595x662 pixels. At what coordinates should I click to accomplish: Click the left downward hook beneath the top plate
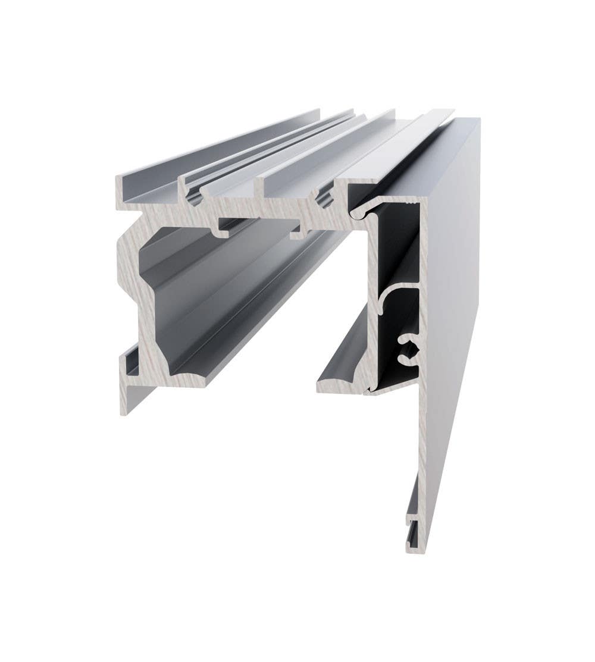225,228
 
